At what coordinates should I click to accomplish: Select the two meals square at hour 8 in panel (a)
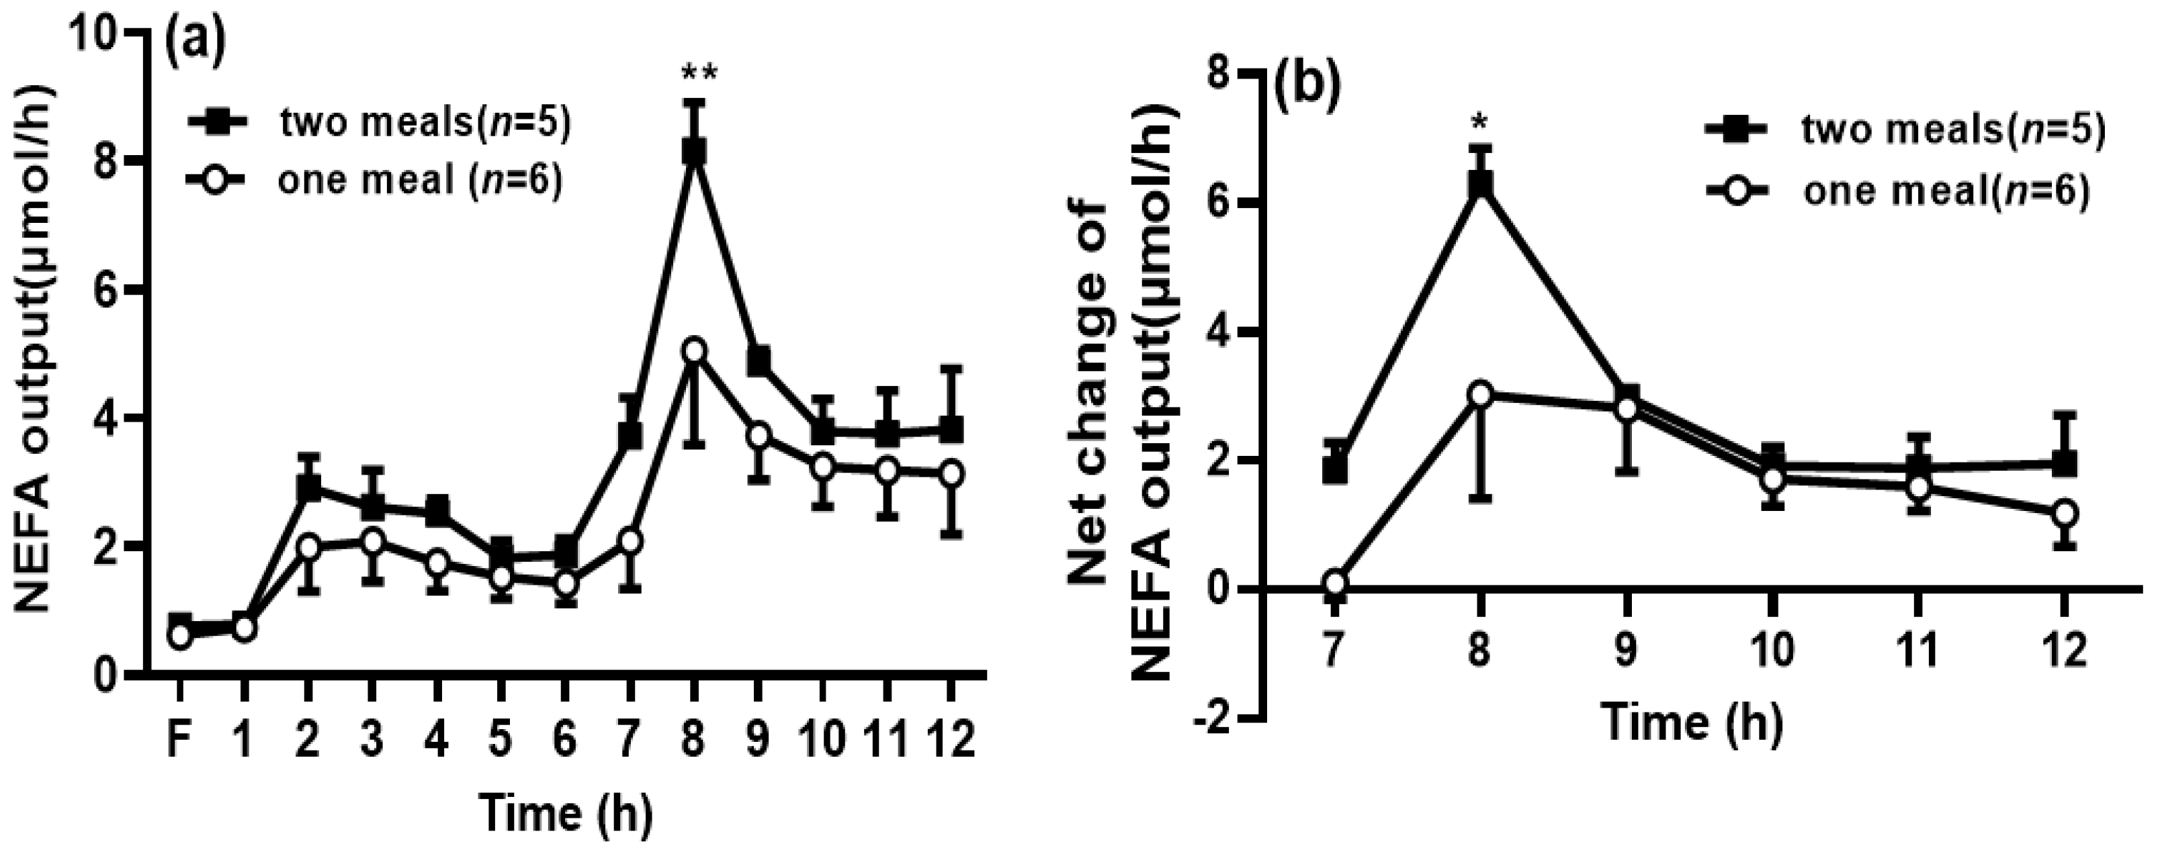point(694,152)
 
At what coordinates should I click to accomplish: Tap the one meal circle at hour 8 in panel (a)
point(694,350)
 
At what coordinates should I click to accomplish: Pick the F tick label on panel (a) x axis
point(177,718)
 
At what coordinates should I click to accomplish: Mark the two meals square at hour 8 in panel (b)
point(1481,183)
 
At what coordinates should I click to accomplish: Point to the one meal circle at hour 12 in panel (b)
point(2065,513)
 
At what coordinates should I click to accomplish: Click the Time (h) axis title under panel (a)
point(565,813)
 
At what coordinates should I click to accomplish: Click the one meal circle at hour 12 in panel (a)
point(951,473)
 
